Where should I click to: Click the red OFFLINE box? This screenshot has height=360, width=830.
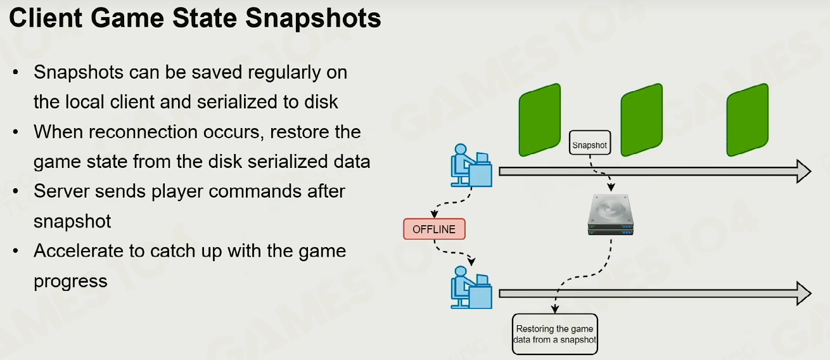(x=434, y=229)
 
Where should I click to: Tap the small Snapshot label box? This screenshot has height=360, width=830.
(x=589, y=143)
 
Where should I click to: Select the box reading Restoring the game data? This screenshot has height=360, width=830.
(x=554, y=334)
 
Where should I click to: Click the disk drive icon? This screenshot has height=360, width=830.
(x=610, y=215)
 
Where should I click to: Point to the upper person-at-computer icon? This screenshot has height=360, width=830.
(x=471, y=165)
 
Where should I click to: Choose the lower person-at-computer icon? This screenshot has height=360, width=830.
(x=471, y=287)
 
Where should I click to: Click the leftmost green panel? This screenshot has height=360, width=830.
(x=540, y=120)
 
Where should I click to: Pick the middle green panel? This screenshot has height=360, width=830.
(x=641, y=120)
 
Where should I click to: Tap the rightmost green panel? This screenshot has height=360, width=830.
(x=748, y=120)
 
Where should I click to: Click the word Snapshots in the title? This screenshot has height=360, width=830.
(x=313, y=18)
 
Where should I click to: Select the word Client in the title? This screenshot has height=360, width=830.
(x=46, y=18)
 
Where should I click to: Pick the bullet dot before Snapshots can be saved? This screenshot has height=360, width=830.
(x=15, y=72)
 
